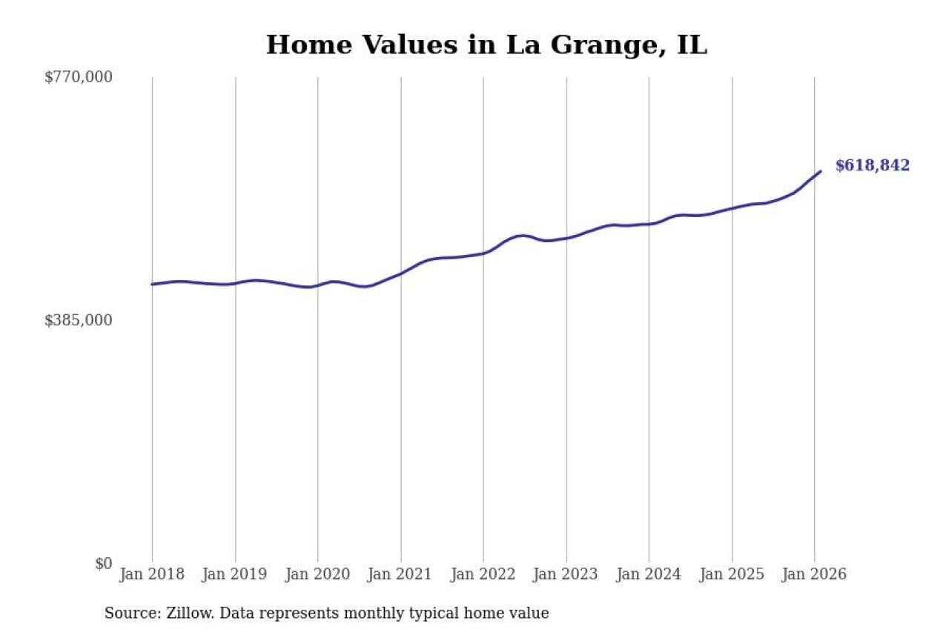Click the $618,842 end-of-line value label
(872, 166)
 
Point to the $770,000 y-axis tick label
(79, 77)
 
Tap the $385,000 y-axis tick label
(79, 320)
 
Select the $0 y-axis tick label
(103, 563)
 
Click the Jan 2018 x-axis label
(152, 574)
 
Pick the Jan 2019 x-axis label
(235, 574)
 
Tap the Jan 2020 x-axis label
(318, 574)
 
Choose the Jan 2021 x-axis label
(400, 574)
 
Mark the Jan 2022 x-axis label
(483, 574)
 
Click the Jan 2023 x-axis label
(566, 574)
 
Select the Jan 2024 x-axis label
(649, 574)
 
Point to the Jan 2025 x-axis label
(732, 574)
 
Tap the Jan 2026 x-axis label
(814, 574)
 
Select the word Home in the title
(300, 44)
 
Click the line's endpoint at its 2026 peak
(821, 171)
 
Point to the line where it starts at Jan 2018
(152, 284)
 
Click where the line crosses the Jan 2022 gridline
(483, 253)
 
